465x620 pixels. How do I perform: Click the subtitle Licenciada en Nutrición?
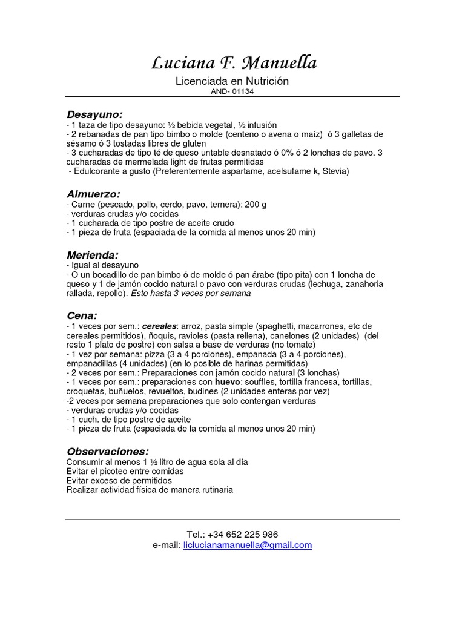coord(232,81)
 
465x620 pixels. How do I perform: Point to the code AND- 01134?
coord(232,91)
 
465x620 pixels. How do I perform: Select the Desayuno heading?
coord(94,114)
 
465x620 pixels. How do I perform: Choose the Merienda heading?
coord(92,255)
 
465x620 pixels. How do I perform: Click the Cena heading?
coord(81,315)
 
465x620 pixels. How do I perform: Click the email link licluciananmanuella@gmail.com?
coord(248,545)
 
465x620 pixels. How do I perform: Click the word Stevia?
coord(335,171)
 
